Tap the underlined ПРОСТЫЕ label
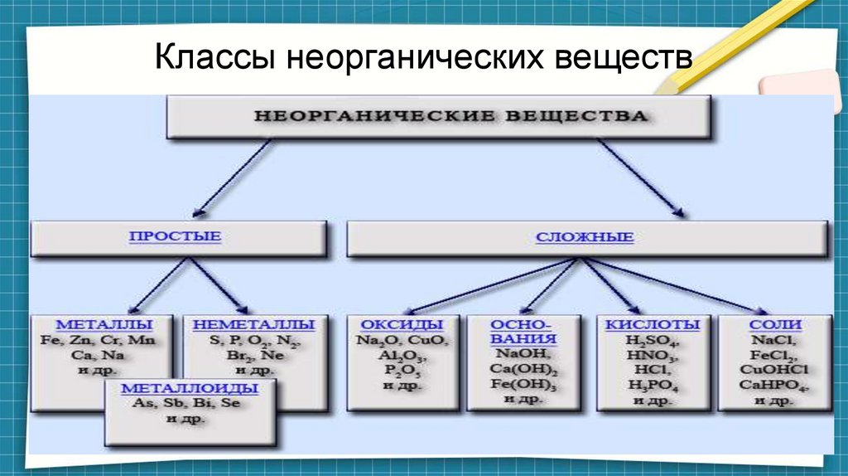pyautogui.click(x=175, y=237)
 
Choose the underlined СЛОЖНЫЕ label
pyautogui.click(x=585, y=238)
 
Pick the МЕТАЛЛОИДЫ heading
pyautogui.click(x=190, y=387)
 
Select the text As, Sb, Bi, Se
pyautogui.click(x=190, y=403)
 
